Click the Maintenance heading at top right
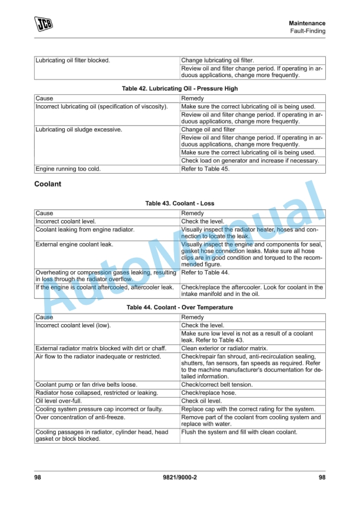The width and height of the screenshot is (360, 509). point(307,23)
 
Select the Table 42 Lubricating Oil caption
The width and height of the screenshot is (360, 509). point(179,88)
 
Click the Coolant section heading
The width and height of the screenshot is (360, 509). point(48,184)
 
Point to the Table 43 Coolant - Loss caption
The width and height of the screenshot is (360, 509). point(179,204)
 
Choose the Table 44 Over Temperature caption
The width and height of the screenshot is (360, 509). point(179,307)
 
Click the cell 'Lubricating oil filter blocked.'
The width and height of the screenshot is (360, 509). point(73,60)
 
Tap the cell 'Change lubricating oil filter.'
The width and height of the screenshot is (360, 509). point(218,60)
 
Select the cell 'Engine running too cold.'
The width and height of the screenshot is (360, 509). point(68,169)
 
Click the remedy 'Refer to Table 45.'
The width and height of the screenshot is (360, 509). point(205,169)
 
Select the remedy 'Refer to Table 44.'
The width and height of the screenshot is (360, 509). point(205,273)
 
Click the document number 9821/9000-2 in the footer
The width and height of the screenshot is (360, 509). point(180,478)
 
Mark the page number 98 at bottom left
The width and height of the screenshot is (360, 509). point(38,478)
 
